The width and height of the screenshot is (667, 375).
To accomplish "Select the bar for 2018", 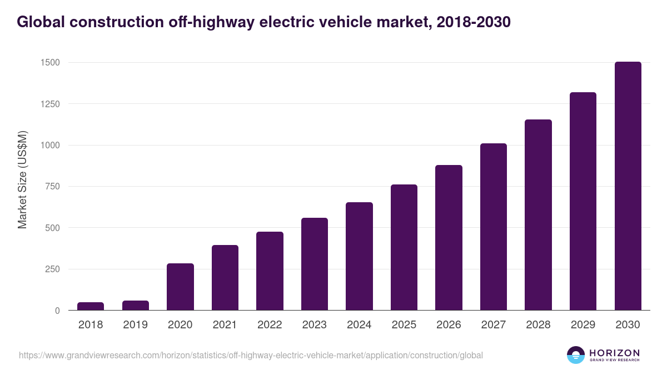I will coord(91,306).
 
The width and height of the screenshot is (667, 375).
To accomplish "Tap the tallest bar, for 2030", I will coord(628,186).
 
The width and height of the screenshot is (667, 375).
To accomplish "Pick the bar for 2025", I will coord(404,247).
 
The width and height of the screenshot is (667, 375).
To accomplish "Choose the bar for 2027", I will coord(494,227).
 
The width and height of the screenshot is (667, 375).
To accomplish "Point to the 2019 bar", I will coord(136,306).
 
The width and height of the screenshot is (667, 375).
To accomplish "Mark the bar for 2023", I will coord(315,264).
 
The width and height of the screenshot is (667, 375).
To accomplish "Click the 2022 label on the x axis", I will coord(270,325).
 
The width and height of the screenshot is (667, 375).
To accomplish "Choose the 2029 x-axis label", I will coord(583,325).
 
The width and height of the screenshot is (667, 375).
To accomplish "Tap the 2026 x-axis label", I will coord(449,325).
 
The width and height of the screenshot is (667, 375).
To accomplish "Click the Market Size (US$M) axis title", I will coord(22,180).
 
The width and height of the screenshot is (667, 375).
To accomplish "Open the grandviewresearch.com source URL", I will coord(251,355).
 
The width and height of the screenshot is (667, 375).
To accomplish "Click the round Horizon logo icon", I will coord(576,355).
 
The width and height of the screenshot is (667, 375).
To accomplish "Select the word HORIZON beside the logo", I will coord(614,352).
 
